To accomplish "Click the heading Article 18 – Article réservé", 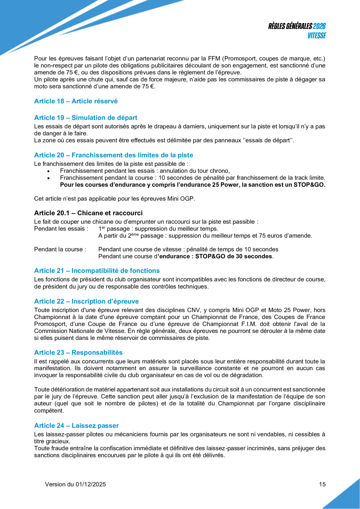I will [x=76, y=101].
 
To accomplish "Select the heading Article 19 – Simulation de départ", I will [x=85, y=117].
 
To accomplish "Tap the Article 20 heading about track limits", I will [x=114, y=155].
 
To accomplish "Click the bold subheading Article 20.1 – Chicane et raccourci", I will [x=88, y=213].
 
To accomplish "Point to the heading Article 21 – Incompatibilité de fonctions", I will [x=97, y=271].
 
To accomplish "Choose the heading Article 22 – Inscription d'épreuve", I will [x=86, y=301].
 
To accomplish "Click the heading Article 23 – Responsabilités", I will [x=78, y=352].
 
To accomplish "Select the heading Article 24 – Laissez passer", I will [x=76, y=425].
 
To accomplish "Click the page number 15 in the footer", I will [x=322, y=484].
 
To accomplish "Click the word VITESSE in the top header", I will [x=316, y=35].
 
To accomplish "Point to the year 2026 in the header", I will [x=320, y=26].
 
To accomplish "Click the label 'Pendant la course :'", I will [x=60, y=249].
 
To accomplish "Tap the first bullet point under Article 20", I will [x=48, y=171].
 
